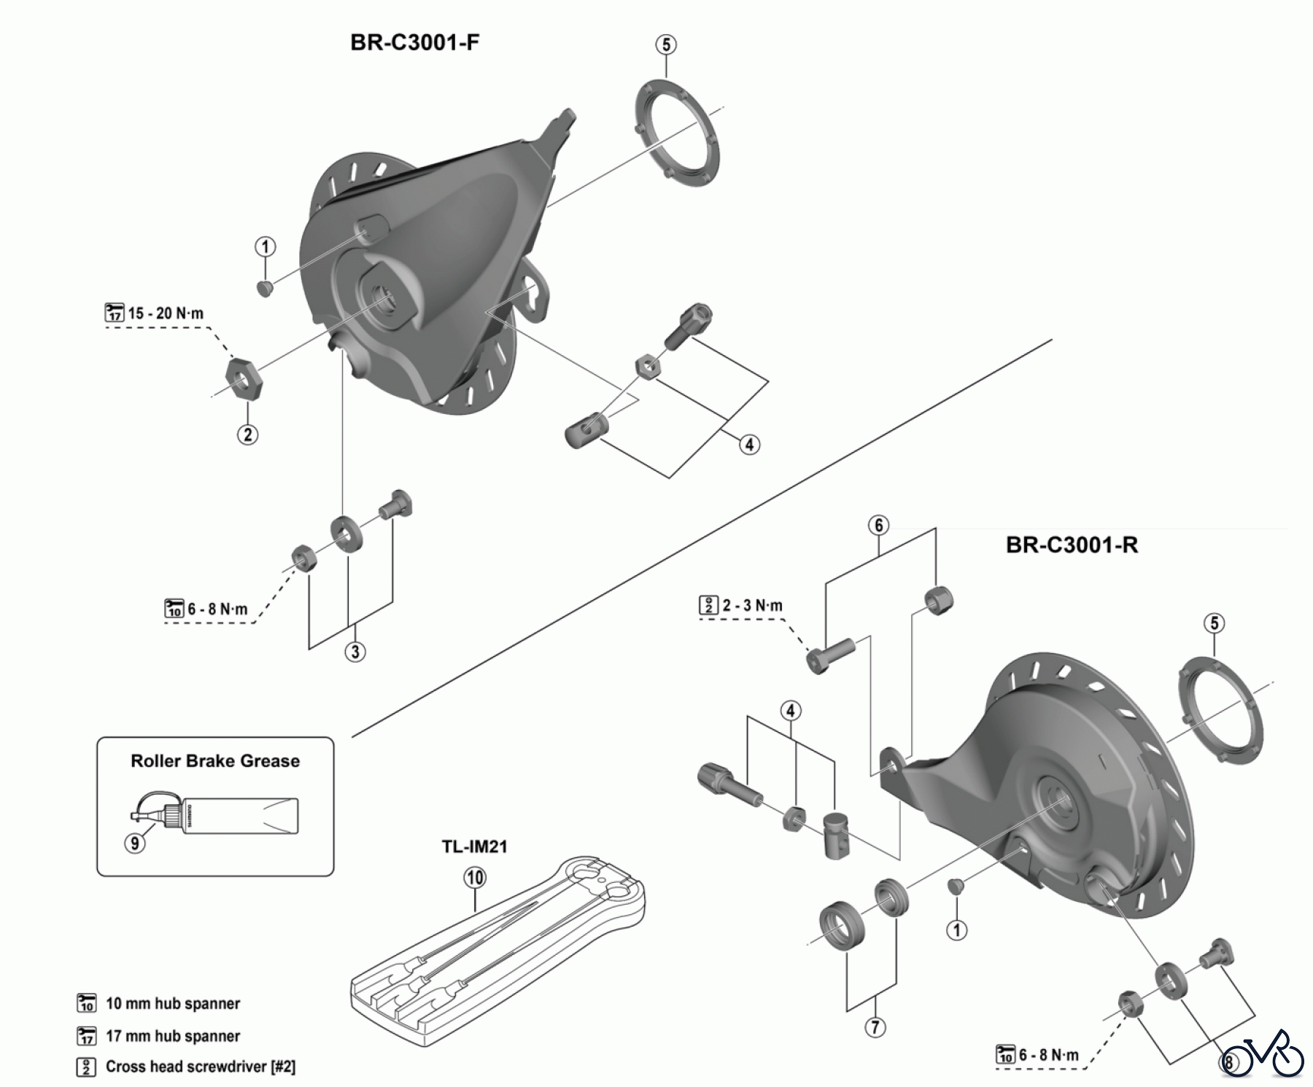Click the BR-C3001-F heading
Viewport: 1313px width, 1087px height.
(x=414, y=42)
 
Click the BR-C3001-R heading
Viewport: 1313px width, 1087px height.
(x=1071, y=545)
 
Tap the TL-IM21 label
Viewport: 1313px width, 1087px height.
(x=474, y=846)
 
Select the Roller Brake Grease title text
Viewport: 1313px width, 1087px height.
(x=215, y=761)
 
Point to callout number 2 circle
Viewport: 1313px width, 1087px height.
(x=248, y=435)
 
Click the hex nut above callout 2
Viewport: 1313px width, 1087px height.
(x=244, y=378)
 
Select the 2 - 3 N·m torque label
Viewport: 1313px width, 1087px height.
(x=752, y=605)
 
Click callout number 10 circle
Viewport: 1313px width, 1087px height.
(x=475, y=878)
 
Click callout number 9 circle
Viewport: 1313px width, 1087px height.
(x=135, y=844)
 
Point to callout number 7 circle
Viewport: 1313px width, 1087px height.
(x=875, y=1027)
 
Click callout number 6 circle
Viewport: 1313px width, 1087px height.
(x=879, y=526)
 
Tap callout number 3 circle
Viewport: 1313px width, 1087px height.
(x=355, y=651)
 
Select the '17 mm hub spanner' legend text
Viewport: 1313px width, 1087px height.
(x=173, y=1036)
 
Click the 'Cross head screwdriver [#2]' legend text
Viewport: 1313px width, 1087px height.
(x=201, y=1067)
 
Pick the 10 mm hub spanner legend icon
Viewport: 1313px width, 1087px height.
(x=87, y=1003)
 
